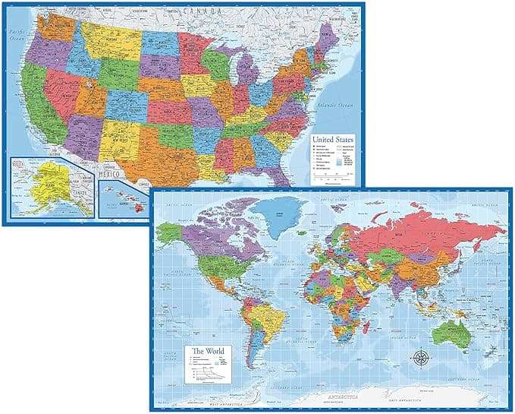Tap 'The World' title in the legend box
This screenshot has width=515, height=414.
(207, 351)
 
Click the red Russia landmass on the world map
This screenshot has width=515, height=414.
(425, 228)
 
